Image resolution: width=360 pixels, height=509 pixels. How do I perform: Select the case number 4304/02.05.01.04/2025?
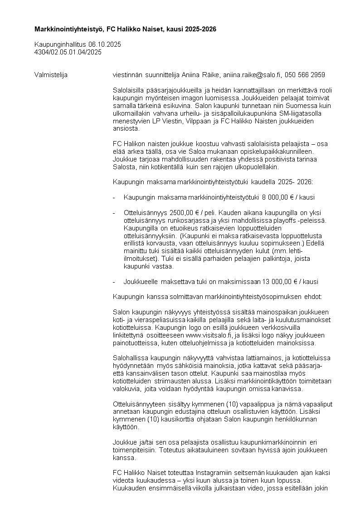68,52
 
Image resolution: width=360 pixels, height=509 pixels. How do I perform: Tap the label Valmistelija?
51,75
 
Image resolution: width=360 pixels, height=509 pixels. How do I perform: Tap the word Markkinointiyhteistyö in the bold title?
69,29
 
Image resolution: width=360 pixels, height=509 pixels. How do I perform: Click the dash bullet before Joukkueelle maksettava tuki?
114,282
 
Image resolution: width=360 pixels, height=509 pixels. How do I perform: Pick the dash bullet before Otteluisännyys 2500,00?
114,213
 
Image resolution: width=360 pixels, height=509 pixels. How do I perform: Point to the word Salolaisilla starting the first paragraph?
129,90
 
